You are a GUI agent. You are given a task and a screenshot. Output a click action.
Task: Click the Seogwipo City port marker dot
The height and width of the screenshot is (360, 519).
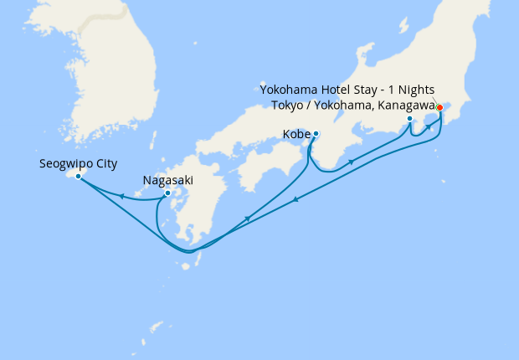point(78,176)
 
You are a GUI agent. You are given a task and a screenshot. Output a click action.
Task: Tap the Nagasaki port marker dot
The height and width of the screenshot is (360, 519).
point(167,193)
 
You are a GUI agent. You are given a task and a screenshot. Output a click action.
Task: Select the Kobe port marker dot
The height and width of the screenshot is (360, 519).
point(316,134)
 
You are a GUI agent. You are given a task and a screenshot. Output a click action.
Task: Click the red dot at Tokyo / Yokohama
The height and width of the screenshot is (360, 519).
point(439,107)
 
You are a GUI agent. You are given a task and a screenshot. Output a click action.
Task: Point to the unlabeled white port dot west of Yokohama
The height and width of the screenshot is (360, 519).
point(409,119)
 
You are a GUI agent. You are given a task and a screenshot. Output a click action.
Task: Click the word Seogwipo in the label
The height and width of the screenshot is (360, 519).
point(66,164)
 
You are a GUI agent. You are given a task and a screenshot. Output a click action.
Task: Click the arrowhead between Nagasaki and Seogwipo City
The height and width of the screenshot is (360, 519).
point(122,197)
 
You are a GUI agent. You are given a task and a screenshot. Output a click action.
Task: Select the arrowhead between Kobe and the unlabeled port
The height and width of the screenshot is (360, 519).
point(351,161)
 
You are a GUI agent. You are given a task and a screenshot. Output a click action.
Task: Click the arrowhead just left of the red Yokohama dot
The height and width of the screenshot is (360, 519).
point(428,126)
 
